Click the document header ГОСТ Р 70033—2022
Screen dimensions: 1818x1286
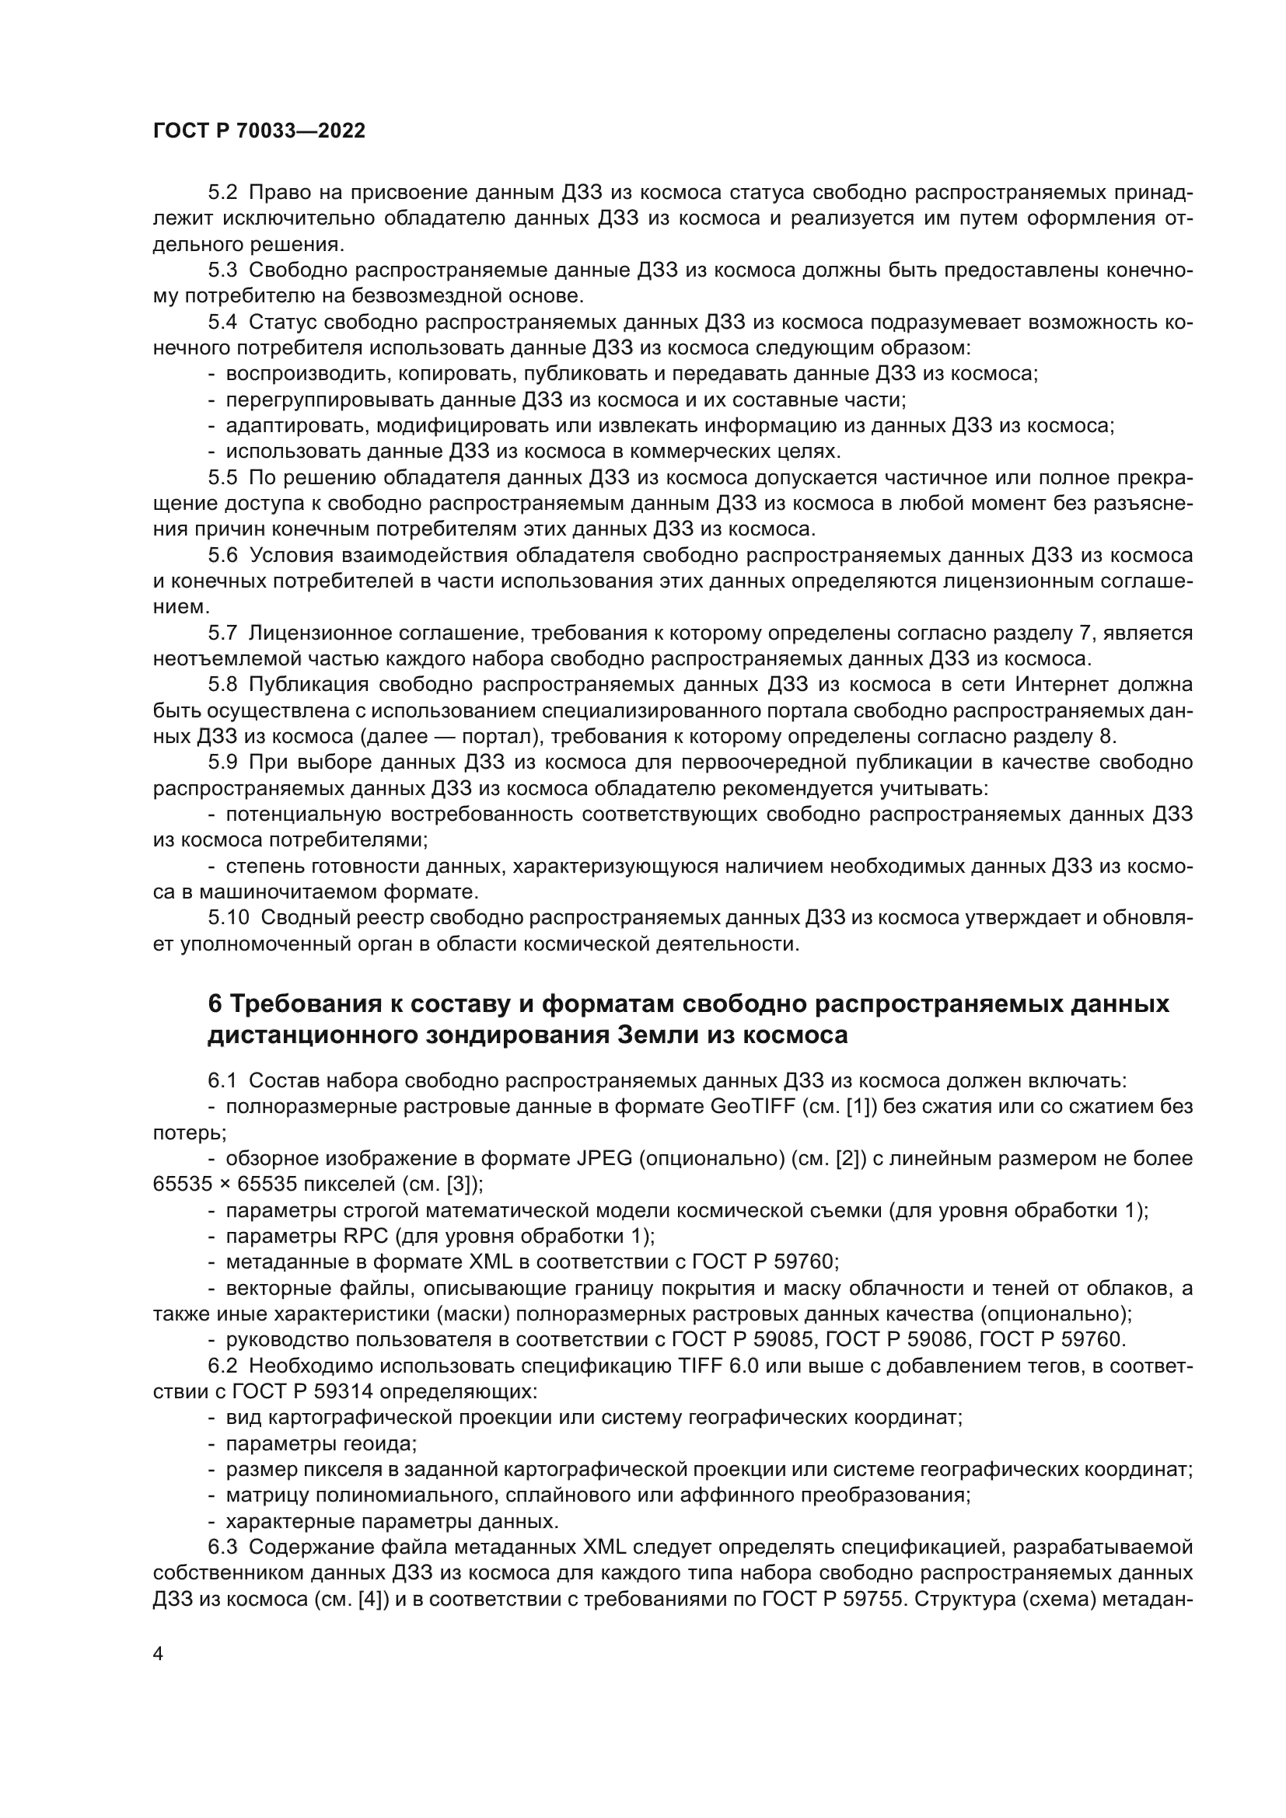point(259,131)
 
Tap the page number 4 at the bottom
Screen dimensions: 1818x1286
point(159,1654)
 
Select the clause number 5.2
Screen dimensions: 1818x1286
point(222,194)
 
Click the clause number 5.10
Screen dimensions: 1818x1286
point(229,918)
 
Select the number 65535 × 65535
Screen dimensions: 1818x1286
point(215,1185)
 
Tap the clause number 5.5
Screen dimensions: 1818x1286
point(222,477)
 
